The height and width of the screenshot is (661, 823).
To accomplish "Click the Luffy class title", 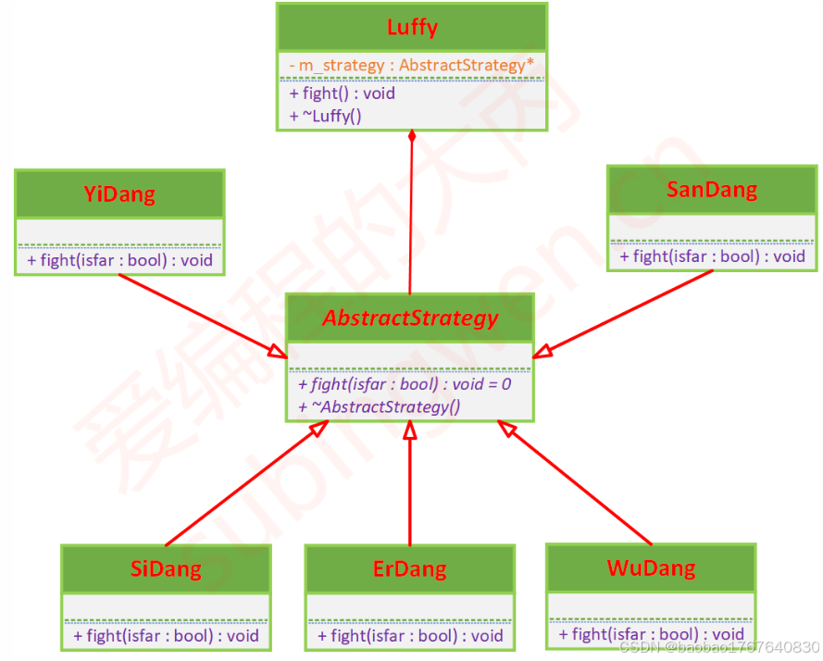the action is click(412, 27).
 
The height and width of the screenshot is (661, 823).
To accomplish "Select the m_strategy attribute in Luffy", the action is click(411, 66).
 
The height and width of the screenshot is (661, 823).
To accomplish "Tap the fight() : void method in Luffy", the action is click(343, 94).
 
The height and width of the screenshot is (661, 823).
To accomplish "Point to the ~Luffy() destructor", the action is click(325, 116).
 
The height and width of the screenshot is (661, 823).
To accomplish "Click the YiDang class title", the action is click(119, 194).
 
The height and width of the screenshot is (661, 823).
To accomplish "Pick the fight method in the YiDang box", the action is click(120, 260).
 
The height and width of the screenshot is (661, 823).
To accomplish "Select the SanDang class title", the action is click(711, 190).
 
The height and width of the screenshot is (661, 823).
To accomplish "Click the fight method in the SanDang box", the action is click(712, 256).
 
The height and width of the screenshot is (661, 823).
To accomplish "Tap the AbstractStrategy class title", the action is click(410, 318).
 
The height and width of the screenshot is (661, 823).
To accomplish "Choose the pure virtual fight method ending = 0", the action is click(405, 383).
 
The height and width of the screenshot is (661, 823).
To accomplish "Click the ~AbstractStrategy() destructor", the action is click(379, 406).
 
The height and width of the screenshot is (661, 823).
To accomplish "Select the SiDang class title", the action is click(166, 568).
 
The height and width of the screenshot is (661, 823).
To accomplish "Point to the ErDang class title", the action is click(409, 568).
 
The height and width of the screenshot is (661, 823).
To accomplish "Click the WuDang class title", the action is click(651, 567).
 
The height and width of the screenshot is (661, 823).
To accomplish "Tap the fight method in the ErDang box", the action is click(410, 635).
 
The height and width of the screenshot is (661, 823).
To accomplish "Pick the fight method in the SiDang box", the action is click(167, 635).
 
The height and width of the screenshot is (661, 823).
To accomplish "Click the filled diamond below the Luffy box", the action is click(411, 136).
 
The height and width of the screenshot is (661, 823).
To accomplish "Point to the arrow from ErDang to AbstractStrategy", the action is click(410, 481).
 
